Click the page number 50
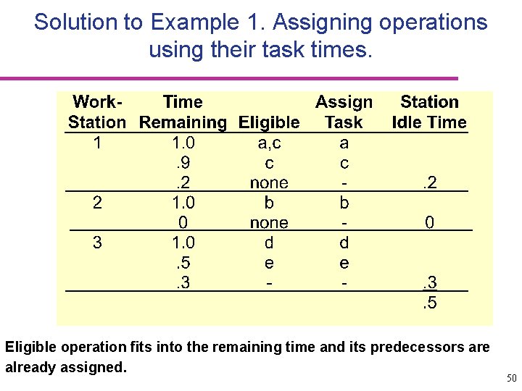pyautogui.click(x=511, y=378)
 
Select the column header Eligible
pyautogui.click(x=269, y=122)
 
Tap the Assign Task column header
pyautogui.click(x=344, y=112)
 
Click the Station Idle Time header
pyautogui.click(x=429, y=112)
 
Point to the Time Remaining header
pyautogui.click(x=183, y=112)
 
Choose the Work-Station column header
pyautogui.click(x=97, y=112)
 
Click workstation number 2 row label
pyautogui.click(x=98, y=203)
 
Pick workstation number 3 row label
pyautogui.click(x=98, y=243)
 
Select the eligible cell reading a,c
pyautogui.click(x=269, y=143)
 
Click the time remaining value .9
pyautogui.click(x=183, y=163)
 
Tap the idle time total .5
pyautogui.click(x=429, y=303)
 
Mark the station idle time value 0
pyautogui.click(x=429, y=223)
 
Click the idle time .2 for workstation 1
pyautogui.click(x=429, y=183)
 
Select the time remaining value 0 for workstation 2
pyautogui.click(x=183, y=223)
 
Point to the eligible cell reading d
pyautogui.click(x=269, y=243)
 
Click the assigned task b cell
pyautogui.click(x=344, y=203)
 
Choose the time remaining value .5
pyautogui.click(x=183, y=263)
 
